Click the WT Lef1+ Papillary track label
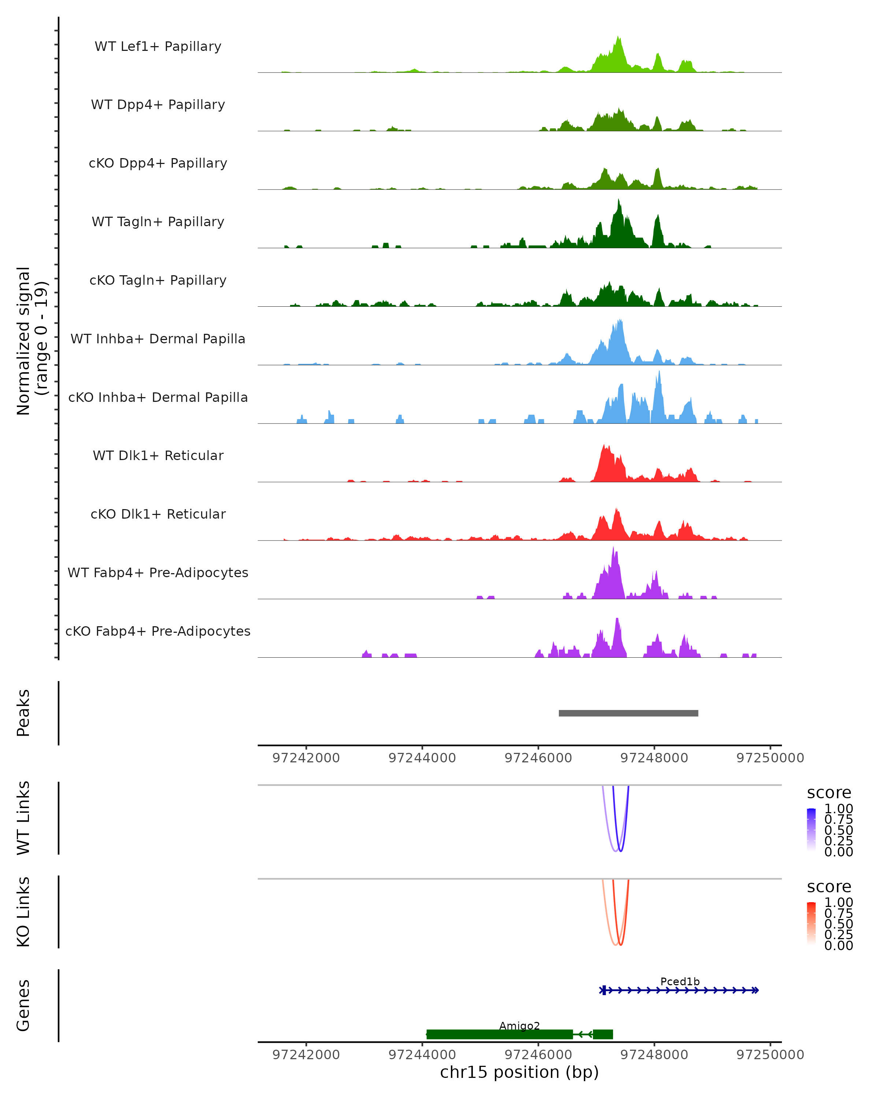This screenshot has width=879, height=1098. [158, 46]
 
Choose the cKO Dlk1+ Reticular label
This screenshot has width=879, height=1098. [158, 514]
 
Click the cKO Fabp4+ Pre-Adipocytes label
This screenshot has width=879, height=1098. [158, 631]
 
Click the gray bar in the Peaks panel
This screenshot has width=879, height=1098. [628, 713]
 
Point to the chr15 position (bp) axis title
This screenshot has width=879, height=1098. [519, 1072]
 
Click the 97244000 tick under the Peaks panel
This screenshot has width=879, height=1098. [422, 758]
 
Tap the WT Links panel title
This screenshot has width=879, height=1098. [23, 818]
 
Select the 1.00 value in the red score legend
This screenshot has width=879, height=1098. [838, 903]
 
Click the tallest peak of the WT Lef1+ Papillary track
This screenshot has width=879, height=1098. [618, 38]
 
